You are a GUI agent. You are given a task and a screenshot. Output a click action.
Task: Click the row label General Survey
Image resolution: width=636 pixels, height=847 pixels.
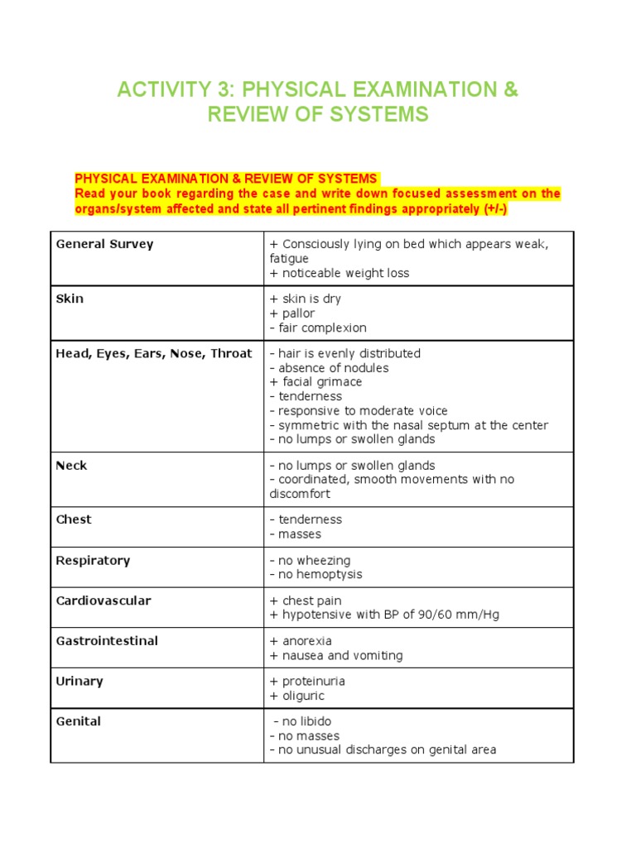pos(104,244)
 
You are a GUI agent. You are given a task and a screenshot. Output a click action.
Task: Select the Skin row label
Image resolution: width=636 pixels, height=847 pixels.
pos(70,299)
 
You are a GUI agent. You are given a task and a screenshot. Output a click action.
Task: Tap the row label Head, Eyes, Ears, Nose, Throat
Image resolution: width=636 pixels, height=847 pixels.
pos(153,353)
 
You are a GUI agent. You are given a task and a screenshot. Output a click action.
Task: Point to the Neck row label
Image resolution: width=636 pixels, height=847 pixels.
pos(71,466)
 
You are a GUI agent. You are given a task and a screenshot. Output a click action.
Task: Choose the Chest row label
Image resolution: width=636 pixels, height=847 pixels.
pos(73,519)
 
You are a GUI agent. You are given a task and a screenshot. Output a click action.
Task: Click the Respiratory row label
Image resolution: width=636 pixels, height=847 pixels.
pos(93,560)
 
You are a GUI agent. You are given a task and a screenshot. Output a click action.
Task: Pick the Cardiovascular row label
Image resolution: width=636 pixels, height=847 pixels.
pos(104,601)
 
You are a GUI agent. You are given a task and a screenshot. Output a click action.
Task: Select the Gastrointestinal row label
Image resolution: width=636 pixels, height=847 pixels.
pos(107,641)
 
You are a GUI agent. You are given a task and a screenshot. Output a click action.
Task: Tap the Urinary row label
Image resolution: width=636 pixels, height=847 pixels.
pos(79,682)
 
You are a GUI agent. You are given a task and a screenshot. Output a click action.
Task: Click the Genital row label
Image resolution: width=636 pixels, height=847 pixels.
pos(78,721)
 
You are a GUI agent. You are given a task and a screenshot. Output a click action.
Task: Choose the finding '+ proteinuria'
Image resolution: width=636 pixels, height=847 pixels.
pos(307,682)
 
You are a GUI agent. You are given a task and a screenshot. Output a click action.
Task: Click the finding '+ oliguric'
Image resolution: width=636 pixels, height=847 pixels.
pos(296,696)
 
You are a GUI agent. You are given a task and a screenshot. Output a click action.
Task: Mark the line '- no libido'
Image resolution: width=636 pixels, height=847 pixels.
pos(302,721)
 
